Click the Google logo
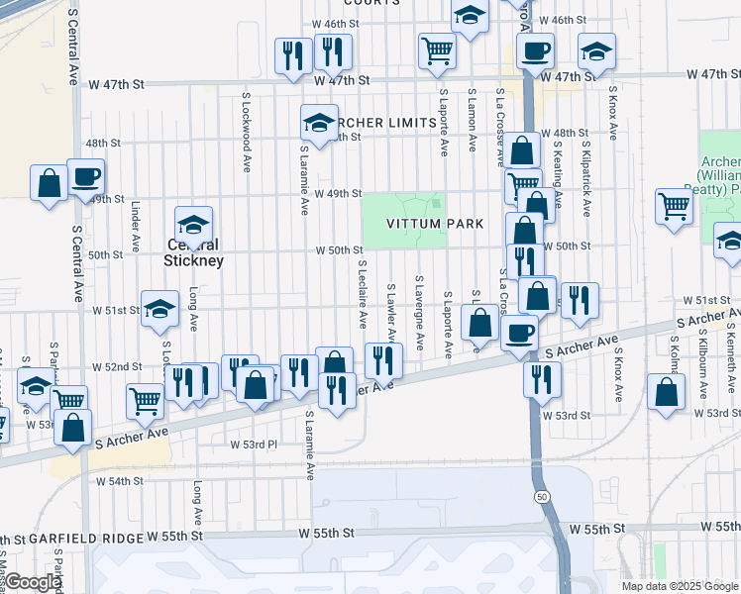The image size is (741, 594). [33, 582]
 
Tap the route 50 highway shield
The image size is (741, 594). [540, 494]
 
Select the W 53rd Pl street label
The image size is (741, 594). [254, 444]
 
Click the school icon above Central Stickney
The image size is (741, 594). [194, 224]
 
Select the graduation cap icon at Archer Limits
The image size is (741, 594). [319, 123]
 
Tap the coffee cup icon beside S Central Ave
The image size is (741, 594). [85, 176]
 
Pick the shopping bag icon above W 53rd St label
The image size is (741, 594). [666, 391]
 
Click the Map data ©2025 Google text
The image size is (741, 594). [680, 585]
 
